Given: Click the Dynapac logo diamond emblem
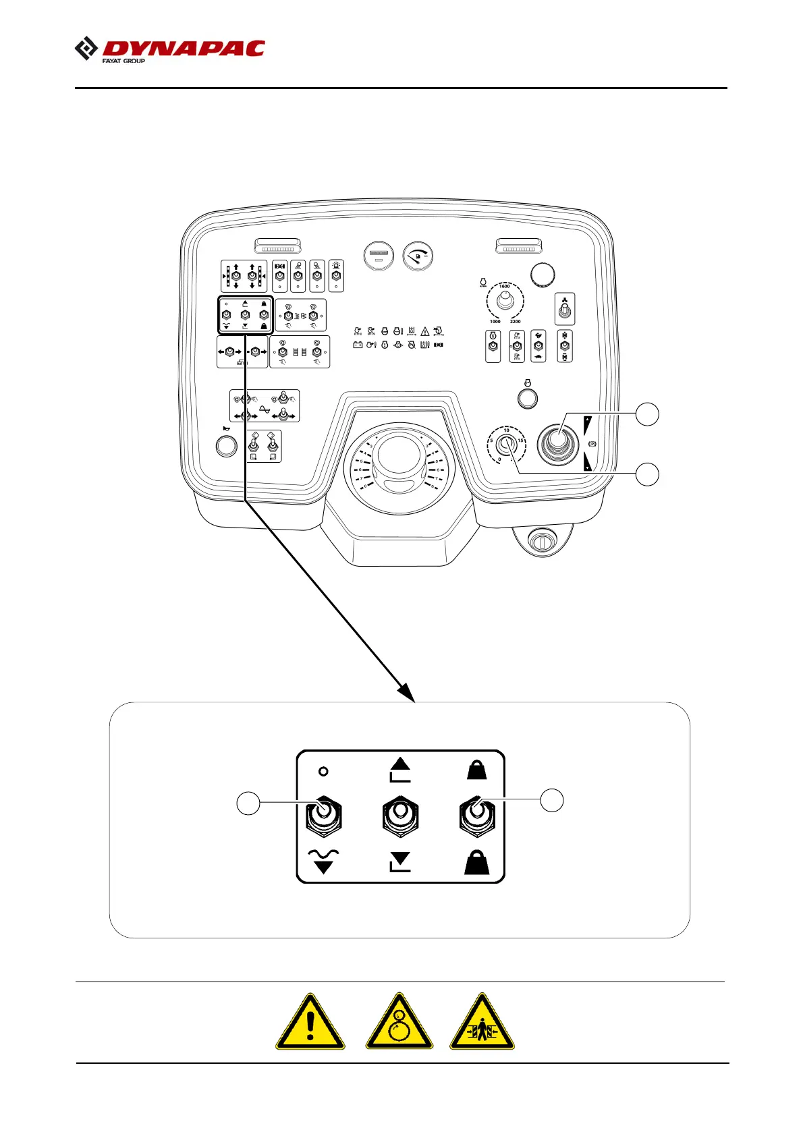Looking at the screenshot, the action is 86,49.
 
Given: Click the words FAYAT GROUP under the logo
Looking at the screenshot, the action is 123,61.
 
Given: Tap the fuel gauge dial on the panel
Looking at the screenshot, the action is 418,256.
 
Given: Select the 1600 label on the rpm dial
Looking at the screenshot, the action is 504,287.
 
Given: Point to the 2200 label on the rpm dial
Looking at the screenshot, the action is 515,322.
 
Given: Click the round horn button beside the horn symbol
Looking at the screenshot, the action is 226,446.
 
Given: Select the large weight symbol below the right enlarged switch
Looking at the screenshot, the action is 477,862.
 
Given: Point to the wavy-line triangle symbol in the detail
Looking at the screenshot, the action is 324,861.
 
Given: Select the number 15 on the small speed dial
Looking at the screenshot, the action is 520,441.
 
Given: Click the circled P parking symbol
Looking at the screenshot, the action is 592,444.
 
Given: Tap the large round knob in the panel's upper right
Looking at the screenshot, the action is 543,275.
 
